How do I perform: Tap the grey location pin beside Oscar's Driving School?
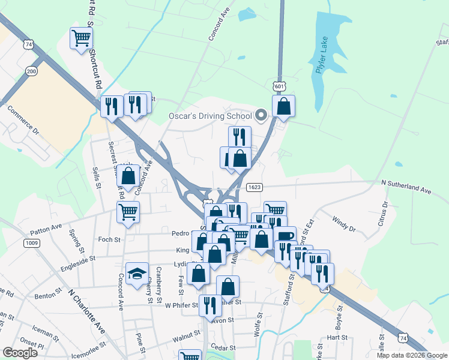261,115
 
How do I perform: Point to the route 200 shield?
31,71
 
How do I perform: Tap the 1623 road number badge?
254,187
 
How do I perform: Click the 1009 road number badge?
32,243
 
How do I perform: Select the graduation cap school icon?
137,273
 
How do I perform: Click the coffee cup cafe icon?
286,235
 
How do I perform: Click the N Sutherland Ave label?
406,190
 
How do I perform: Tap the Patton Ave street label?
49,228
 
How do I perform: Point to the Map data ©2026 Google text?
411,355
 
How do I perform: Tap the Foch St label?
109,239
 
